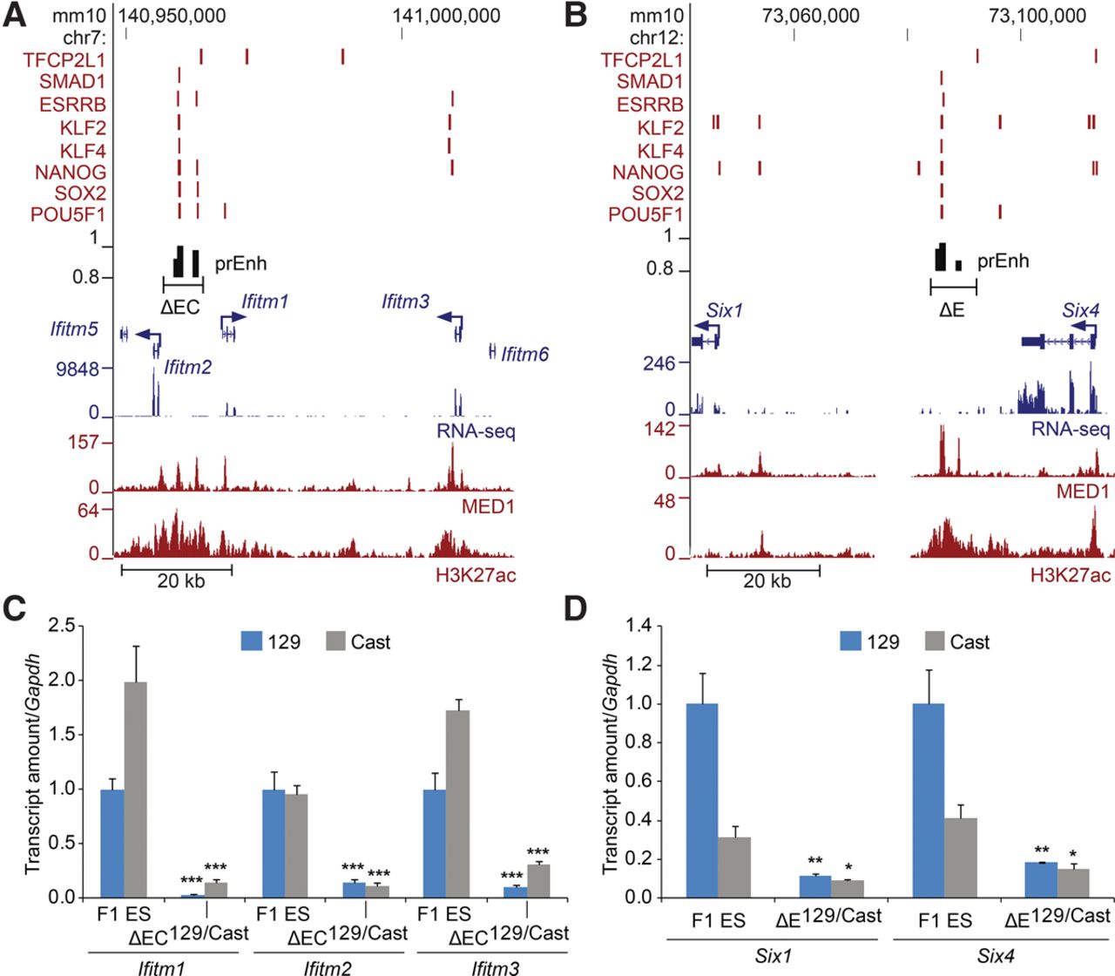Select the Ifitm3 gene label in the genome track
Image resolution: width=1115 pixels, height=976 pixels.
pyautogui.click(x=405, y=302)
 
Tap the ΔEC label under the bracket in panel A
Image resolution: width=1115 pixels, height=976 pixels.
pyautogui.click(x=180, y=307)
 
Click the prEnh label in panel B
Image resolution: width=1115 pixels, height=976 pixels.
pyautogui.click(x=1003, y=261)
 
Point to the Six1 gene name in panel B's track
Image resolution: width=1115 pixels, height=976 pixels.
pyautogui.click(x=724, y=311)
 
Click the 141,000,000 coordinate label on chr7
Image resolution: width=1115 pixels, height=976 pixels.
pyautogui.click(x=446, y=16)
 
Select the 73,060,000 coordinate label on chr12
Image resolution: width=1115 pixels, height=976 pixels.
pyautogui.click(x=810, y=16)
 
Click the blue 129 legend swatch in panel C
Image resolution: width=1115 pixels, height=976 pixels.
pyautogui.click(x=251, y=641)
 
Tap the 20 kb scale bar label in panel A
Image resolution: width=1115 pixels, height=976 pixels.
pyautogui.click(x=180, y=581)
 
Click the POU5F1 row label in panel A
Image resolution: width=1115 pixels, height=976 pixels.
pyautogui.click(x=68, y=214)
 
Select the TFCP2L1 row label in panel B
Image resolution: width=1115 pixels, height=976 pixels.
pyautogui.click(x=641, y=60)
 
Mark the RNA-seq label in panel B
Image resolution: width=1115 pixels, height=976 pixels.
pyautogui.click(x=1070, y=430)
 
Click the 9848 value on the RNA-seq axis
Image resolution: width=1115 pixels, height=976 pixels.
pyautogui.click(x=78, y=369)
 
